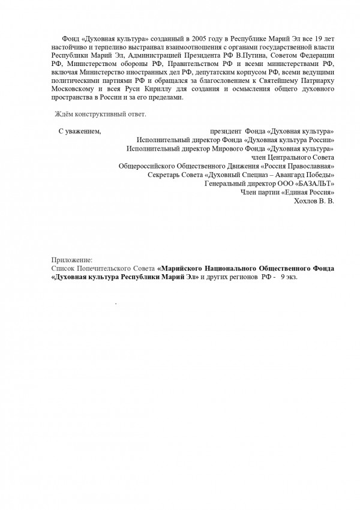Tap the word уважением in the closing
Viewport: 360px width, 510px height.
[83, 131]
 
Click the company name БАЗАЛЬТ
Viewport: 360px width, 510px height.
[313, 182]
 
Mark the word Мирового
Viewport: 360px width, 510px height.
[220, 148]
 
